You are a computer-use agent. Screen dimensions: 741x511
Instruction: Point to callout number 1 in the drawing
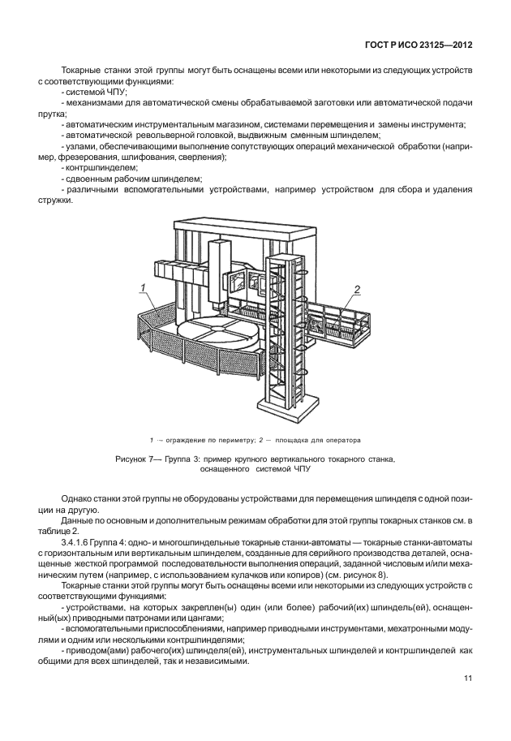[142, 287]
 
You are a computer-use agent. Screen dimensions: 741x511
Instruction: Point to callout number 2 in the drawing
[357, 289]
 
